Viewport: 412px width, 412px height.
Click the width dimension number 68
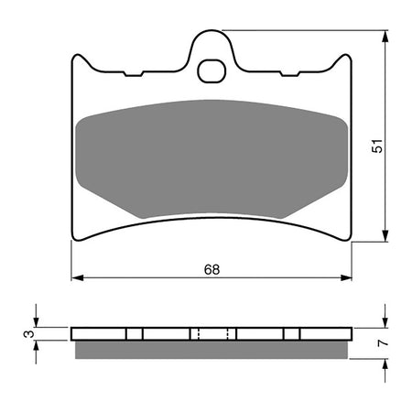(x=211, y=270)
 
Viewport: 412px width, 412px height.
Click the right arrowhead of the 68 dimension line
(x=347, y=276)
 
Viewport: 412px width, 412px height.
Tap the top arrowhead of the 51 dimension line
(x=385, y=35)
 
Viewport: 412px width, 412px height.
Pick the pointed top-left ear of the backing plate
(x=77, y=57)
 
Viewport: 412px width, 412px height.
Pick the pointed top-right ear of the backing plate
(x=347, y=57)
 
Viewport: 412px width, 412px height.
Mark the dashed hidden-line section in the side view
(x=211, y=333)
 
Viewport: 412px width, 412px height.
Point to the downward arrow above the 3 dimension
(x=35, y=320)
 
